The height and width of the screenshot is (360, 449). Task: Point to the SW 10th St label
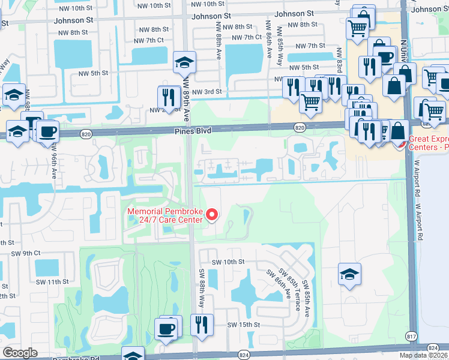coord(228,262)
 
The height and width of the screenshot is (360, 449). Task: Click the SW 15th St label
coord(243,325)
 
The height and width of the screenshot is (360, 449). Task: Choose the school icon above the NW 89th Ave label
coord(184,62)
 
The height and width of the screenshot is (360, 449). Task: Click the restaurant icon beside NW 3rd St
coord(169,97)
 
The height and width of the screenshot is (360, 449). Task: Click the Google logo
coord(20,353)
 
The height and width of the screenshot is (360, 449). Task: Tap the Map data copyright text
coord(423,355)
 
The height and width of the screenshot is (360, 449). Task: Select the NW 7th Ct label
coord(149,40)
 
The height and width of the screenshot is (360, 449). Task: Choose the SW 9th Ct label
coord(26,254)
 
